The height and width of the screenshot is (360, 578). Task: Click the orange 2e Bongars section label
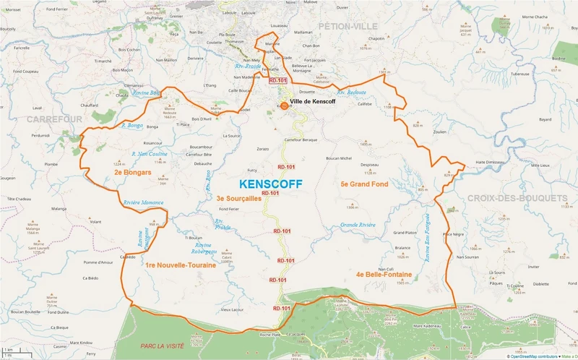[x=132, y=173]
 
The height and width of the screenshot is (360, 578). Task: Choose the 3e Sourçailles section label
[x=241, y=197]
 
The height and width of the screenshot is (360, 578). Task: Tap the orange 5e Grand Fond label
[x=364, y=184]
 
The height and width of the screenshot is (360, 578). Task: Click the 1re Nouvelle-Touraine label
[x=175, y=266]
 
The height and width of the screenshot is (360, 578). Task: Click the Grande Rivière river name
[x=358, y=225]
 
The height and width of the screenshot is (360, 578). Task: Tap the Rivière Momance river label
[x=144, y=202]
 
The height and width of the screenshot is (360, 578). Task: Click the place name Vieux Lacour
[x=232, y=309]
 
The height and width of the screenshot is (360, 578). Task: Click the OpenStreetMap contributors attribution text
[x=535, y=356]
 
